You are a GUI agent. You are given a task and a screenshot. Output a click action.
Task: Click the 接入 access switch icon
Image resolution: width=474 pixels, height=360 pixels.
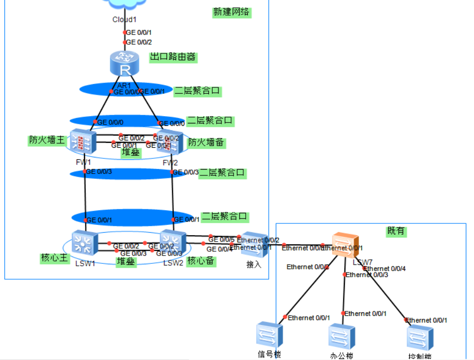pyautogui.click(x=254, y=244)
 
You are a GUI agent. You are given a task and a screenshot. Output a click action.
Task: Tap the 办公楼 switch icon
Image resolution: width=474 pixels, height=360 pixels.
pyautogui.click(x=342, y=336)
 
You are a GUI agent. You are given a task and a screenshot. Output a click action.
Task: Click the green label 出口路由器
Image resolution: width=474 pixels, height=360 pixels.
pyautogui.click(x=173, y=57)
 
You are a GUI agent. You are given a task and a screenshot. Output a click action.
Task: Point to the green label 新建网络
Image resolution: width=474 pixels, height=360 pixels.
pyautogui.click(x=232, y=12)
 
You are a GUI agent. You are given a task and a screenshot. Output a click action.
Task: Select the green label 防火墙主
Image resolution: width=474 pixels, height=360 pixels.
pyautogui.click(x=47, y=140)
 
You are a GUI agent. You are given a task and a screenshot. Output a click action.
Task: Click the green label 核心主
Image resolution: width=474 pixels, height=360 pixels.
pyautogui.click(x=54, y=257)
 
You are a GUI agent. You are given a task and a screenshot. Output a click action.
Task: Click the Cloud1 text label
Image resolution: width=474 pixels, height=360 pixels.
pyautogui.click(x=125, y=19)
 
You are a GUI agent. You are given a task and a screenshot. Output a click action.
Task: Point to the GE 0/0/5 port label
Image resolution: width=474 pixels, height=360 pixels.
pyautogui.click(x=221, y=239)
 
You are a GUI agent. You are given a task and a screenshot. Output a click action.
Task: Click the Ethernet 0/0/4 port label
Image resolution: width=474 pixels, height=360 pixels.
pyautogui.click(x=385, y=269)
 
